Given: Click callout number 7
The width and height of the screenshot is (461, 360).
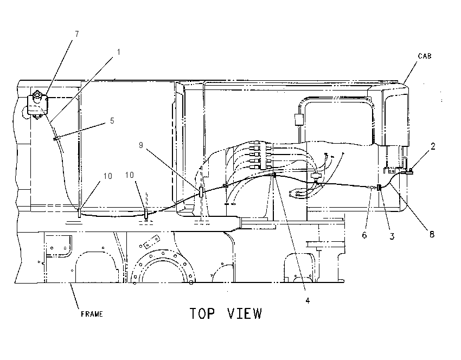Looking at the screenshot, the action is (77, 34).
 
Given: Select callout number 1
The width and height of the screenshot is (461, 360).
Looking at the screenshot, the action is (118, 52).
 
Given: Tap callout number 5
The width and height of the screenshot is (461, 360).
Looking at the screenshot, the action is (112, 121).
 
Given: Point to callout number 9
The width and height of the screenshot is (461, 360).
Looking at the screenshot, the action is (141, 145).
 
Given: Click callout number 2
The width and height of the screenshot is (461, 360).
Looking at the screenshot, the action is (433, 146).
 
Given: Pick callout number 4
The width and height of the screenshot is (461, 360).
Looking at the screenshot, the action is (308, 300).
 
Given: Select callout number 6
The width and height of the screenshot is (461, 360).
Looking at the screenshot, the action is (364, 235).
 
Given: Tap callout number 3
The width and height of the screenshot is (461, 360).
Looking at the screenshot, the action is (392, 236).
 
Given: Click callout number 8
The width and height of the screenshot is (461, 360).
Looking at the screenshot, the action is (432, 234).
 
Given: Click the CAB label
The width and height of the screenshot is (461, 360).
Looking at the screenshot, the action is (425, 56).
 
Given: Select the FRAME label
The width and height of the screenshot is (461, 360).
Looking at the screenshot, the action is (92, 314).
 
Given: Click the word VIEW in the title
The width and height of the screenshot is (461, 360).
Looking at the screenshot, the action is (245, 313).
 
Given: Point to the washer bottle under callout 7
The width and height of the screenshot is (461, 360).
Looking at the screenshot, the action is (37, 105).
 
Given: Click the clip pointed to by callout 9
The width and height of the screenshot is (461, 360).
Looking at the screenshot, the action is (201, 192).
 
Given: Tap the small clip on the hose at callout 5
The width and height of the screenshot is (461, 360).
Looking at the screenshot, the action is (55, 138).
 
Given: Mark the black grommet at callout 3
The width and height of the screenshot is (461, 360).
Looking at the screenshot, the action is (379, 187).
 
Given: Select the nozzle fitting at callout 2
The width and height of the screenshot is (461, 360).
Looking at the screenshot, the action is (409, 171).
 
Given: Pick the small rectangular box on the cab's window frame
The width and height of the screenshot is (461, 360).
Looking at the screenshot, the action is (299, 120).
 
